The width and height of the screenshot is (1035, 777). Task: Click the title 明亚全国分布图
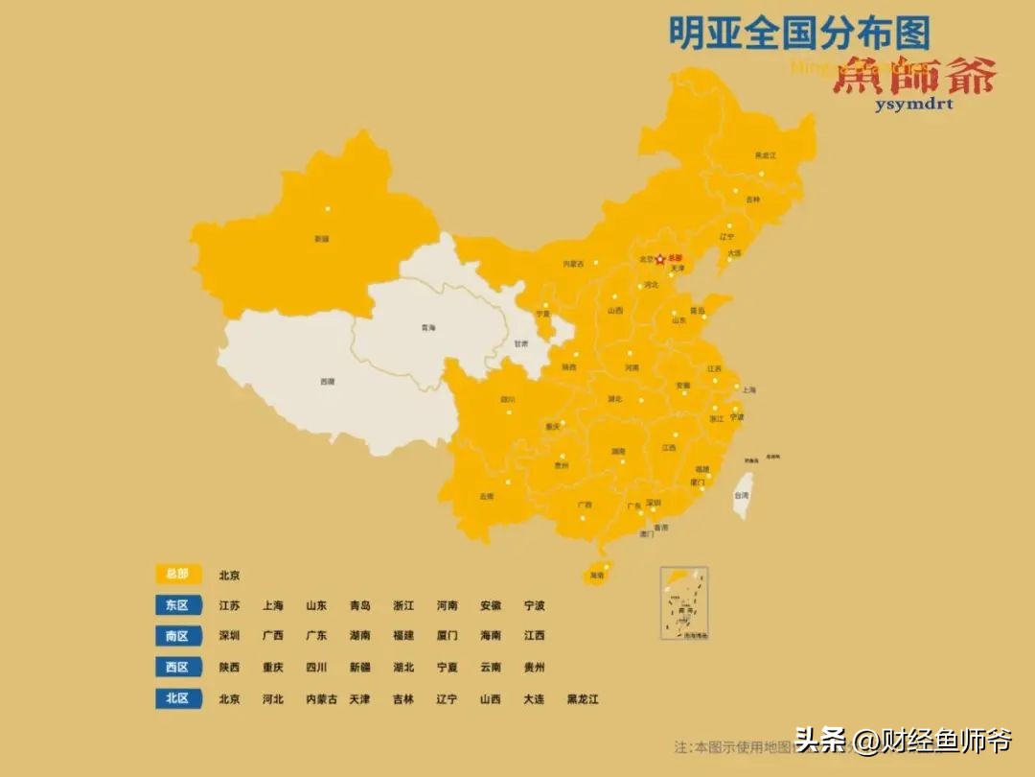798,34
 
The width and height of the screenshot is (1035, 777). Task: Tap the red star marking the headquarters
660,259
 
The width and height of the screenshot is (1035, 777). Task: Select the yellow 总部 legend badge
178,574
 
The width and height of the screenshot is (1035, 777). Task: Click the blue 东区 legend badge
178,605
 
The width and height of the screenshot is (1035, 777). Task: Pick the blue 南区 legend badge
178,635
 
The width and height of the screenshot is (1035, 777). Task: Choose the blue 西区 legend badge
178,667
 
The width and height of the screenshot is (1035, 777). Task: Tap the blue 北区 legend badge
178,698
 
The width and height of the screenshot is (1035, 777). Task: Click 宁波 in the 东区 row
534,605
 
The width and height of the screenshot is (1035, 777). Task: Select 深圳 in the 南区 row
229,635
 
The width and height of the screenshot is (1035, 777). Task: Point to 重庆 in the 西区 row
273,667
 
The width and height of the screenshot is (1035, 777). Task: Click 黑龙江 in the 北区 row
583,698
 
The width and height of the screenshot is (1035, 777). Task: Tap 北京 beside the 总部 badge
229,575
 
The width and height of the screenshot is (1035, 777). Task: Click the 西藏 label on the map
328,381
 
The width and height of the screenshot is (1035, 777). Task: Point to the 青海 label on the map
427,328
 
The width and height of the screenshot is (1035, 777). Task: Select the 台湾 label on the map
741,495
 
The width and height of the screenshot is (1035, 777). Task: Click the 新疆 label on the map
322,238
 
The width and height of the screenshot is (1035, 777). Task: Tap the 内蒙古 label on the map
573,263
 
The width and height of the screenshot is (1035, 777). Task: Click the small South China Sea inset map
683,602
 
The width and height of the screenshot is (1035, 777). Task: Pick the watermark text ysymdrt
913,104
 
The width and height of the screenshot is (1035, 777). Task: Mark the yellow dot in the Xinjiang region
327,208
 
